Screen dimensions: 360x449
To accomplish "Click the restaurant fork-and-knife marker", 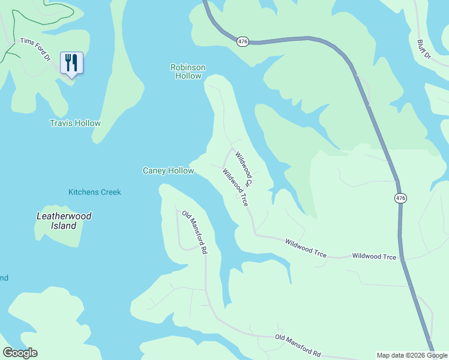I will pyautogui.click(x=71, y=63).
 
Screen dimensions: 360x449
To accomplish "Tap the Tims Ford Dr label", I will pyautogui.click(x=35, y=49).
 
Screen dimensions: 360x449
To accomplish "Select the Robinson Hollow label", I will pyautogui.click(x=188, y=71).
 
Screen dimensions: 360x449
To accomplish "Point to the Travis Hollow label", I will pyautogui.click(x=75, y=123).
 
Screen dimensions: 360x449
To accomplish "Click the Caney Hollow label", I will pyautogui.click(x=168, y=171).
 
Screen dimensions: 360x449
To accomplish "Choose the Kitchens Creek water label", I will pyautogui.click(x=94, y=192).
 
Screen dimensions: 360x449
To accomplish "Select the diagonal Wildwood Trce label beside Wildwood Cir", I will pyautogui.click(x=235, y=188).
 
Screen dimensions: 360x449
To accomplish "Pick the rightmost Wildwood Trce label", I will pyautogui.click(x=374, y=256).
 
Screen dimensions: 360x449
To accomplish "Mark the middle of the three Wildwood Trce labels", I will pyautogui.click(x=306, y=248).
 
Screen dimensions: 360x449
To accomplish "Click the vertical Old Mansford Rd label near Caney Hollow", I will pyautogui.click(x=195, y=233).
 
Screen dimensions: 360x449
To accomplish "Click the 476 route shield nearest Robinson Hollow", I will pyautogui.click(x=243, y=41).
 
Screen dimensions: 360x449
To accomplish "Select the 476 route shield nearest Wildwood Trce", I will pyautogui.click(x=400, y=198).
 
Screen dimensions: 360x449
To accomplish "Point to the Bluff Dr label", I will pyautogui.click(x=424, y=49).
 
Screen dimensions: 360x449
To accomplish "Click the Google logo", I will pyautogui.click(x=20, y=353).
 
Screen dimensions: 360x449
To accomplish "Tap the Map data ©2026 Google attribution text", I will pyautogui.click(x=412, y=355).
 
